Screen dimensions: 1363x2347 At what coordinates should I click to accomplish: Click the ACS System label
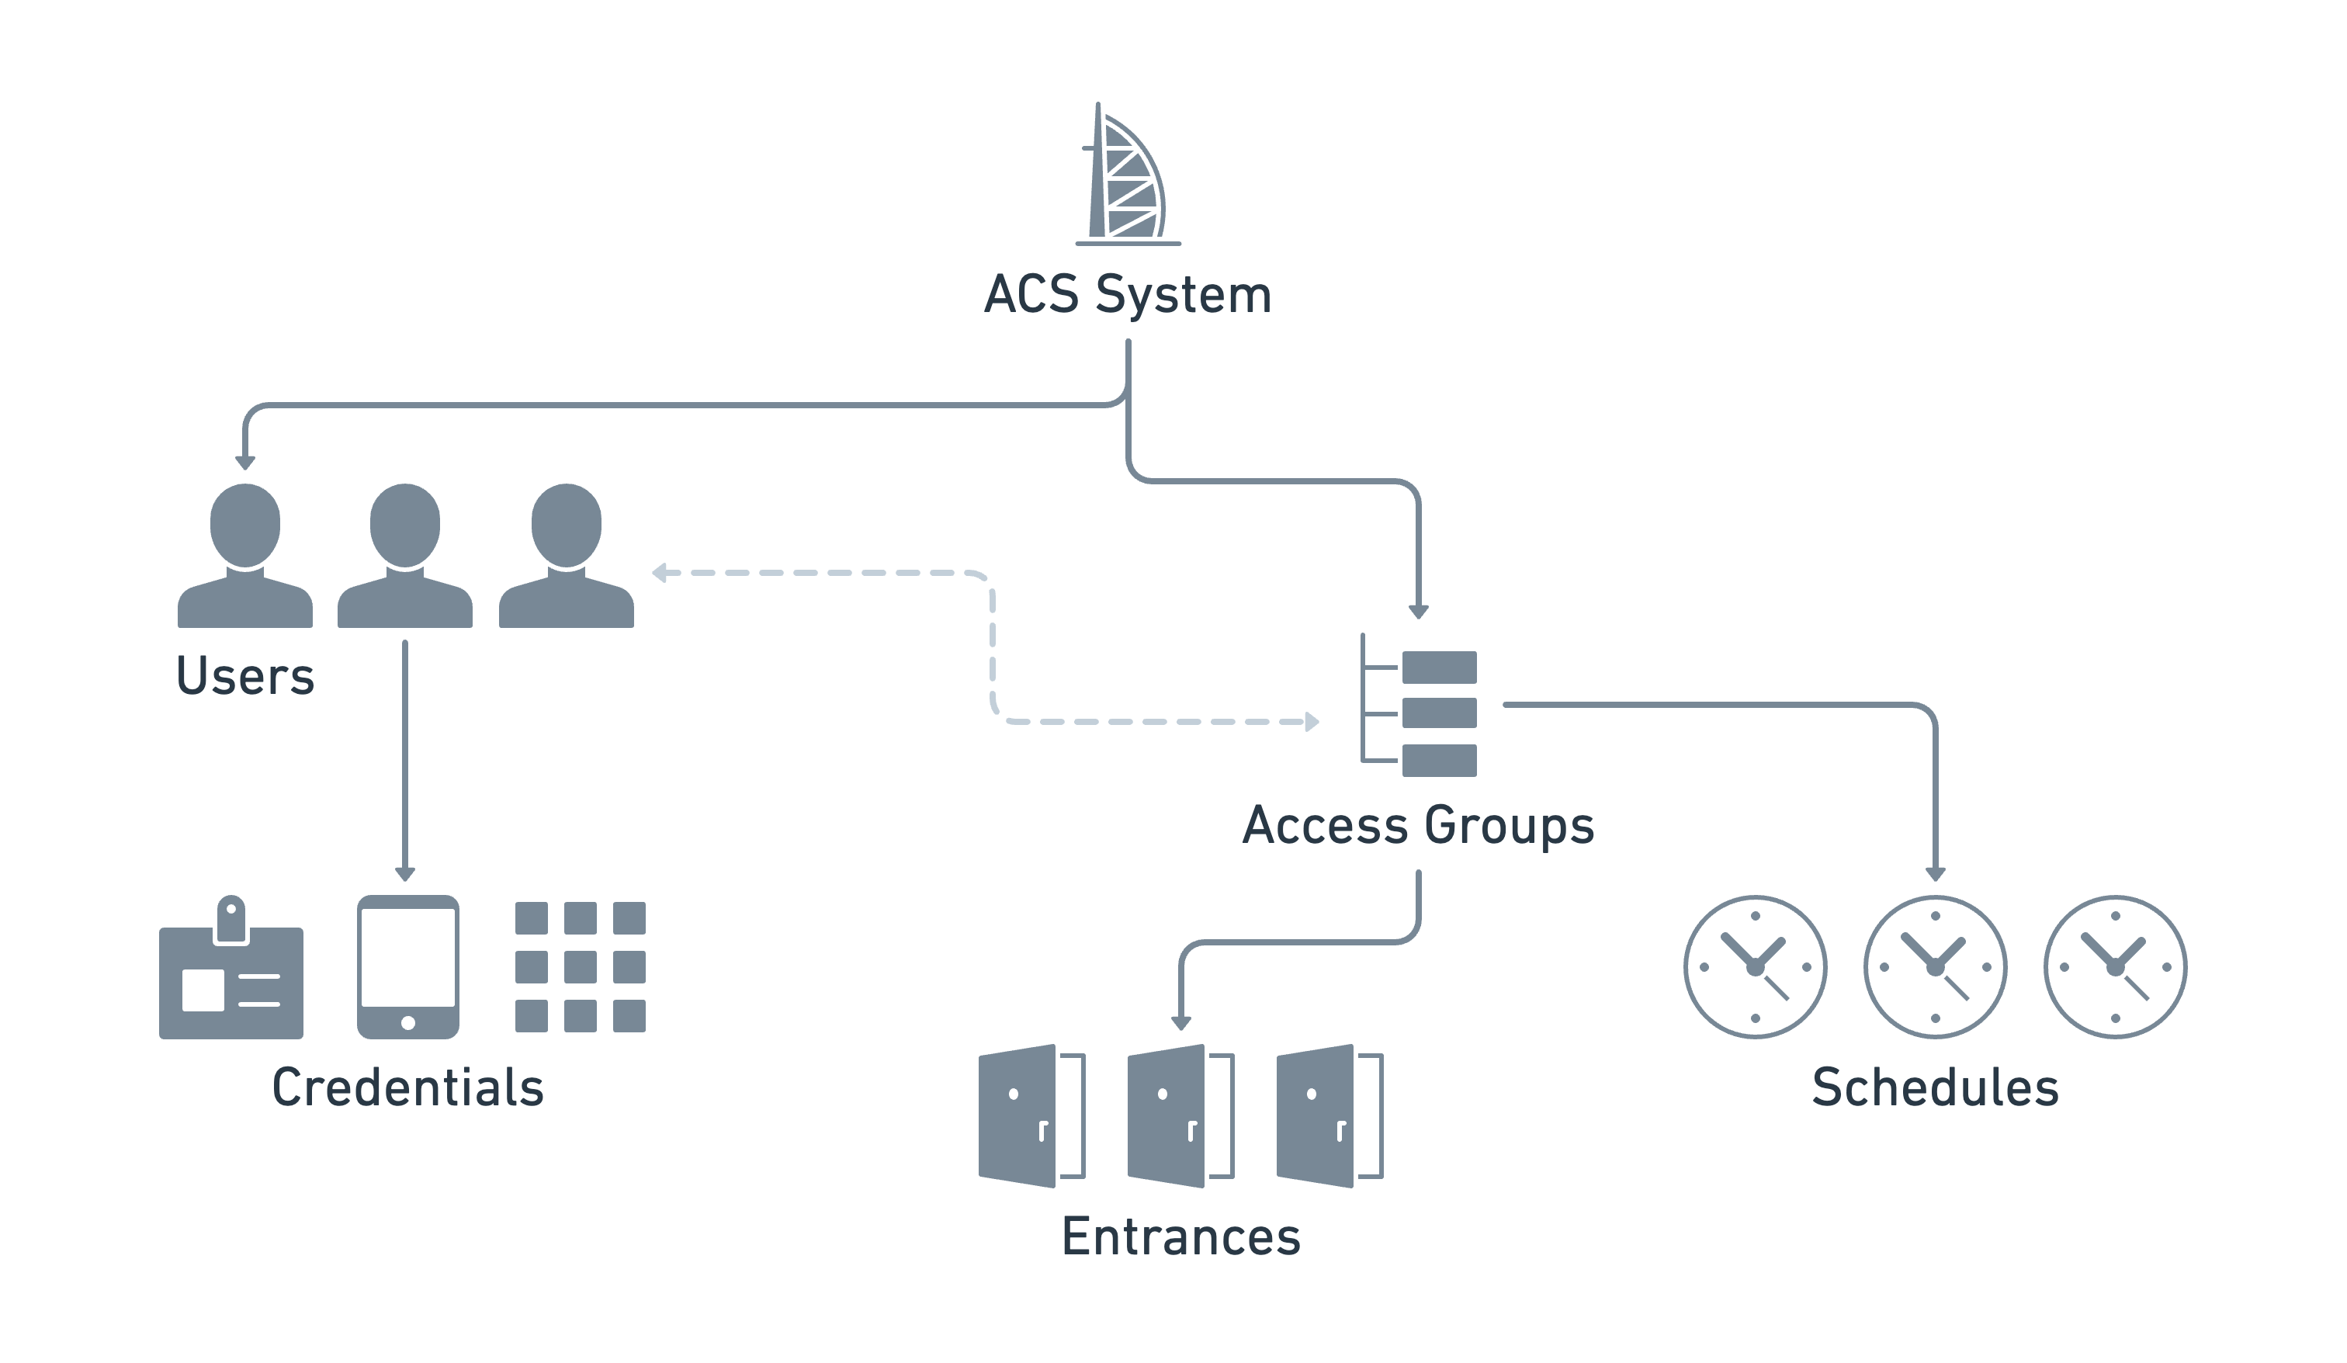pyautogui.click(x=1127, y=294)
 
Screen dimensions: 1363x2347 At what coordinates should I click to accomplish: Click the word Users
pyautogui.click(x=245, y=676)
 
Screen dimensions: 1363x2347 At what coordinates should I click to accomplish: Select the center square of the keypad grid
pyautogui.click(x=581, y=967)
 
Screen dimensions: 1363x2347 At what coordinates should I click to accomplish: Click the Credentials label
pyautogui.click(x=408, y=1087)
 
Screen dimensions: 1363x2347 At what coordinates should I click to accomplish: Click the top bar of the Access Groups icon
pyautogui.click(x=1439, y=667)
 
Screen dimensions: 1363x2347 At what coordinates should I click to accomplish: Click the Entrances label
pyautogui.click(x=1181, y=1237)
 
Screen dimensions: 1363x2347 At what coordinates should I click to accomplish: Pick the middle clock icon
pyautogui.click(x=1936, y=967)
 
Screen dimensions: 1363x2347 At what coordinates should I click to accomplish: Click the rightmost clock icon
pyautogui.click(x=2115, y=967)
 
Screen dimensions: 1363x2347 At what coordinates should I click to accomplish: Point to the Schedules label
pyautogui.click(x=1936, y=1087)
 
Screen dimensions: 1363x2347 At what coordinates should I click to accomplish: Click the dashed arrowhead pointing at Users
pyautogui.click(x=660, y=573)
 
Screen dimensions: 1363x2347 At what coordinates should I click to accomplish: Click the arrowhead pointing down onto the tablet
pyautogui.click(x=405, y=874)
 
